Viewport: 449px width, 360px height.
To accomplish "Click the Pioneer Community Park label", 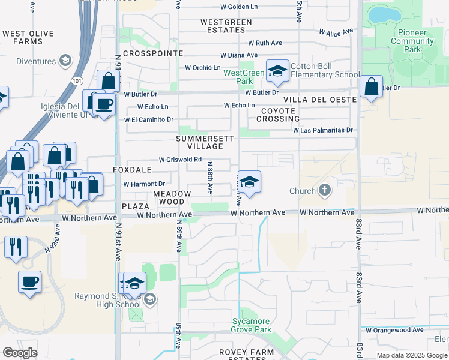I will (412, 41).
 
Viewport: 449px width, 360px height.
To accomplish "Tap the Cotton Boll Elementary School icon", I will (277, 72).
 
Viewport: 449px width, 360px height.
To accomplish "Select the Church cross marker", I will (325, 191).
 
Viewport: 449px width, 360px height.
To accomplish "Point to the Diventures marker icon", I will (65, 61).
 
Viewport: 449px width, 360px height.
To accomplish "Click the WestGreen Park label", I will (244, 77).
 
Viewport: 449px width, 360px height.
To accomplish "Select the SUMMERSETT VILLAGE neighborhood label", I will (200, 142).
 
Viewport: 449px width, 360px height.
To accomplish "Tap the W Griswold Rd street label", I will (179, 160).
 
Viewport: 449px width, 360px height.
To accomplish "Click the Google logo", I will (20, 353).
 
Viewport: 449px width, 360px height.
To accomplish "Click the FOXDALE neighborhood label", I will (132, 170).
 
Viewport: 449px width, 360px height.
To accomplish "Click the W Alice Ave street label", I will (335, 32).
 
